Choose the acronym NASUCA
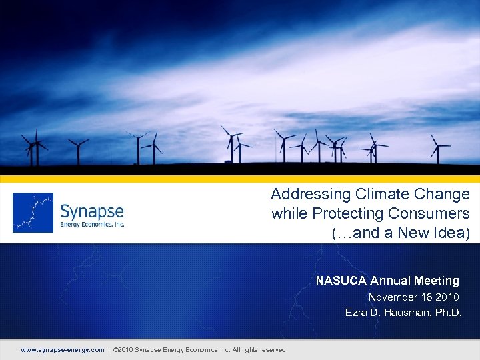341,281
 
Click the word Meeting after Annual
435,281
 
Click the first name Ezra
355,312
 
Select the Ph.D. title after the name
445,312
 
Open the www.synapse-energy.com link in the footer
63,350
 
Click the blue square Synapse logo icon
33,213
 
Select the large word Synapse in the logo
92,211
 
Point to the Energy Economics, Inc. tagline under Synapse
92,225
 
